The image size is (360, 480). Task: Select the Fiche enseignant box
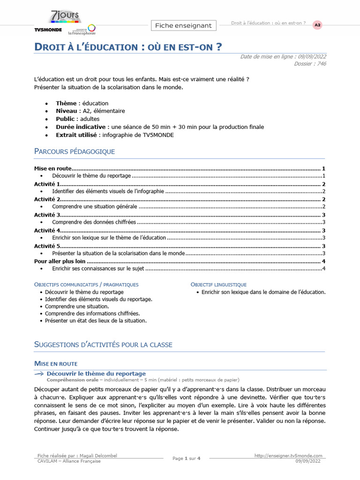coord(183,25)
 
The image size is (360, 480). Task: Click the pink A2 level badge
coord(317,25)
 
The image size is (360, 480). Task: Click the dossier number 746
coord(321,64)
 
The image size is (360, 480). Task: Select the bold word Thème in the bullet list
coord(66,103)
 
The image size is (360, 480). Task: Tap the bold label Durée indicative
coord(80,127)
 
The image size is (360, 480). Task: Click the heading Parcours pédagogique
coord(75,151)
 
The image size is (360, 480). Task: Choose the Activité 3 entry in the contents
coord(47,215)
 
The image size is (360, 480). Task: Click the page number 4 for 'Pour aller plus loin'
coord(324,261)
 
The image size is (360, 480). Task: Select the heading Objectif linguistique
coord(218,285)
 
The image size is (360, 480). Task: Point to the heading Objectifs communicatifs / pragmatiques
coord(87,285)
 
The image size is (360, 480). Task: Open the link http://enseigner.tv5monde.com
coord(289,456)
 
